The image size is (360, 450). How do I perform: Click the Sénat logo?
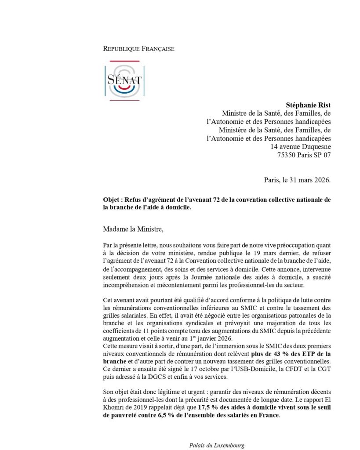pyautogui.click(x=124, y=81)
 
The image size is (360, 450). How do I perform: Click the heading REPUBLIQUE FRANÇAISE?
pyautogui.click(x=138, y=48)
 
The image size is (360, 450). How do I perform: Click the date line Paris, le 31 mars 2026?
pyautogui.click(x=298, y=179)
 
